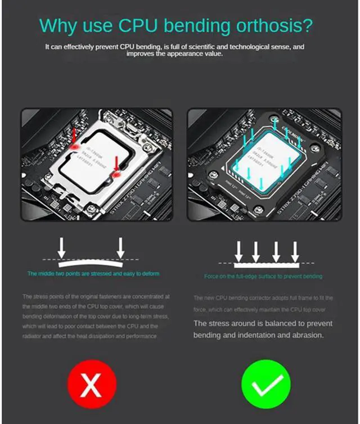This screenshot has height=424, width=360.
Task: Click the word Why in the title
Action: [59, 26]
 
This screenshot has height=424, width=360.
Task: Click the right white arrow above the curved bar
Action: [120, 245]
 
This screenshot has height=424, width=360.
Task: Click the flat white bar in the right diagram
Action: [266, 263]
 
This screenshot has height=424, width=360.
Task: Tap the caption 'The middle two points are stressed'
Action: [93, 274]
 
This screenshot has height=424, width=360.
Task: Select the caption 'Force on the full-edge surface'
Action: [263, 277]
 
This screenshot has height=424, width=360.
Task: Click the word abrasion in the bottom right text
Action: [306, 335]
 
